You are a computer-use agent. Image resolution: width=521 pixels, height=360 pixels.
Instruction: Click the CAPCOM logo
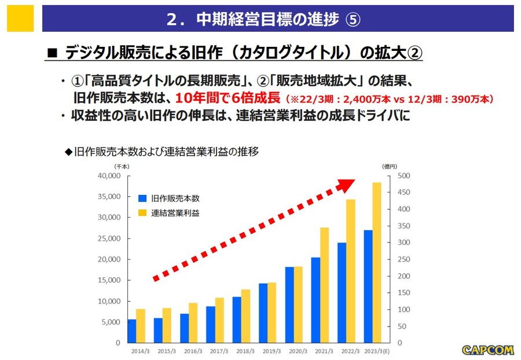coord(487,350)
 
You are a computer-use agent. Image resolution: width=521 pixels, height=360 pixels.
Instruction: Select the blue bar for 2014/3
coord(132,331)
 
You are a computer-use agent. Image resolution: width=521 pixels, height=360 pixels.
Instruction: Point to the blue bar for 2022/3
coord(342,292)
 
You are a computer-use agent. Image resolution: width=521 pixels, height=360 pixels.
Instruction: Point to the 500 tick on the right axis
coord(403,176)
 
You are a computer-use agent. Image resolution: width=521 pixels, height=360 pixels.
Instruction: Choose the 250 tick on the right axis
coord(403,259)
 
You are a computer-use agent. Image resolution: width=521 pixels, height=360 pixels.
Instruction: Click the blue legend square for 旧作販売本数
coord(142,198)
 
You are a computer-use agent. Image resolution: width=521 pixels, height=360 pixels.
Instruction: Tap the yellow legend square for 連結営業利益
coord(142,212)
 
